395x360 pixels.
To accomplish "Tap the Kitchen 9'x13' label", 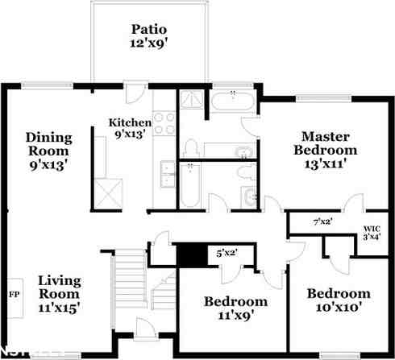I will pos(131,129).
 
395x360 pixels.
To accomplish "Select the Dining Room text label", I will pos(48,149).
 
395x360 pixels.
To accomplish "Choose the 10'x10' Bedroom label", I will pos(339,300).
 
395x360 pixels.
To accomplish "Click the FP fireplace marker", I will pos(14,293).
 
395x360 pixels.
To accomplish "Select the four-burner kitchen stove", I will pos(164,123).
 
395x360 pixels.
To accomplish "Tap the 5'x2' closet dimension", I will pos(227,254).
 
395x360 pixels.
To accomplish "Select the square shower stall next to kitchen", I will pos(190,101).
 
